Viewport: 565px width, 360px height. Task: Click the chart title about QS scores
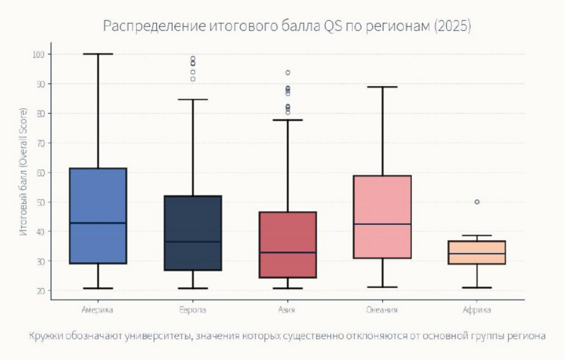(x=287, y=26)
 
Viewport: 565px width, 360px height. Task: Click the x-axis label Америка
(x=98, y=310)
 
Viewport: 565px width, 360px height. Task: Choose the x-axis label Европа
(x=193, y=310)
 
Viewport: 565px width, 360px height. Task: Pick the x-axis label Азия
(x=288, y=310)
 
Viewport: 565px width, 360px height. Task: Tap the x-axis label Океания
(x=382, y=310)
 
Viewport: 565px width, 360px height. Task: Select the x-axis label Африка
(x=476, y=310)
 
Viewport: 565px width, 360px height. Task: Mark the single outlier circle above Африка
(x=477, y=202)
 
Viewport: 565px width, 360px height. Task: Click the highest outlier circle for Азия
(x=288, y=73)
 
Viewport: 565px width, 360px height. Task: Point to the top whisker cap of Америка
(x=98, y=54)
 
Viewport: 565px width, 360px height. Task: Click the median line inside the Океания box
(x=382, y=224)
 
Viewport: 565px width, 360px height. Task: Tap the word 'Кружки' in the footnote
(x=45, y=336)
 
